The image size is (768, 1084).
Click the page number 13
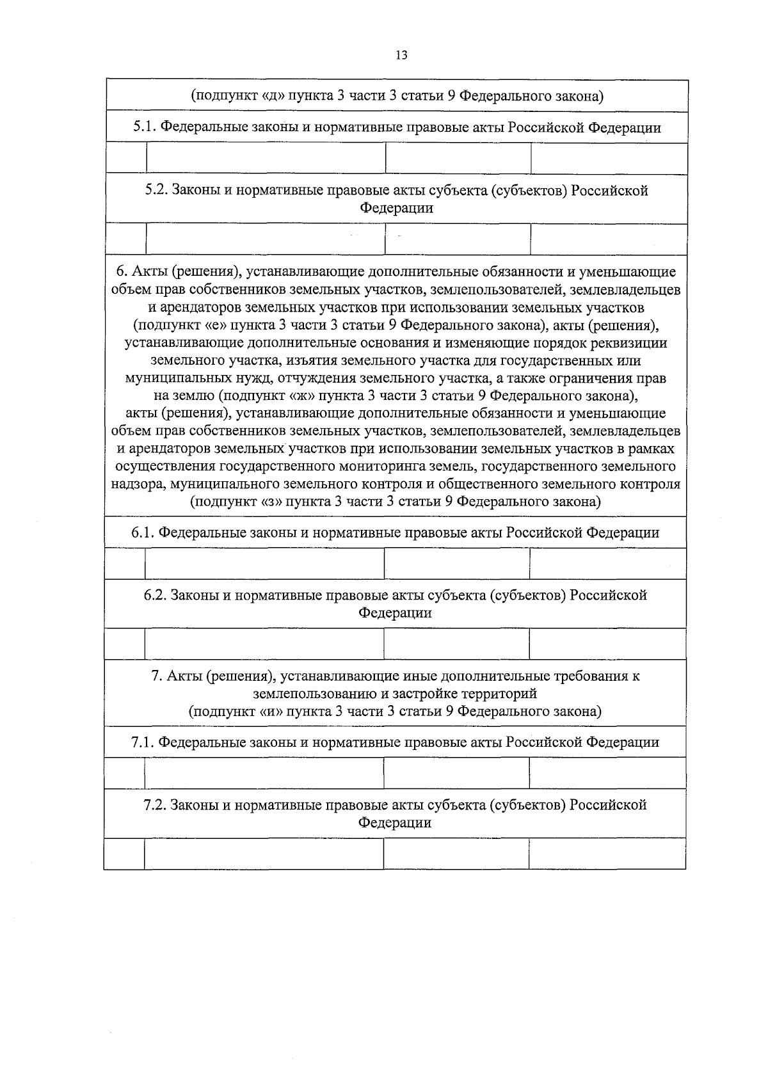coord(401,55)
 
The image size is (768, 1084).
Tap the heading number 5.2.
coord(156,191)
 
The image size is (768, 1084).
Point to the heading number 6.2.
coord(156,595)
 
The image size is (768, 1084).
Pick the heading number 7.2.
coord(156,805)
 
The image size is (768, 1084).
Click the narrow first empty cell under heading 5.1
coord(126,158)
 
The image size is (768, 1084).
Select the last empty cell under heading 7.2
coord(607,854)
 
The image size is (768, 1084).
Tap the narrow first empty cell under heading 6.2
coord(125,644)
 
